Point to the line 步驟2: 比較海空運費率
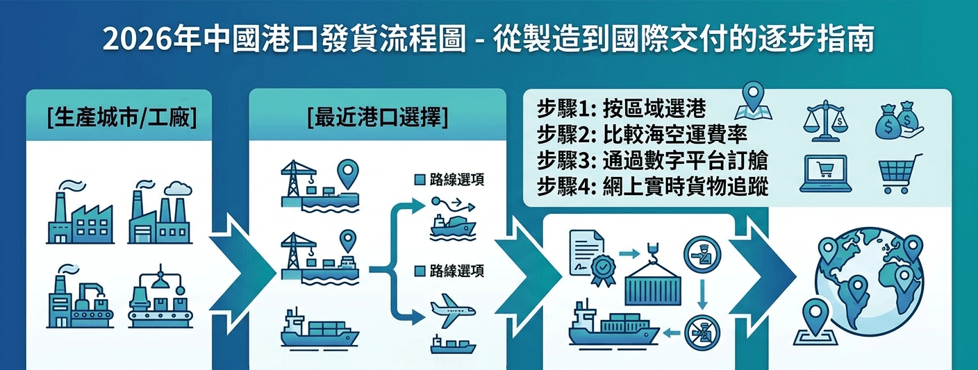(642, 135)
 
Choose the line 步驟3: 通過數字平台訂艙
(652, 161)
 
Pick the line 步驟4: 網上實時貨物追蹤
(652, 187)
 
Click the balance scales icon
(825, 121)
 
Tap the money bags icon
(899, 120)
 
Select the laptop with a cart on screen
(825, 174)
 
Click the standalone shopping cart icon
(900, 173)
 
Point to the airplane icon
(453, 311)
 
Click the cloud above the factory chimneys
(178, 189)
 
